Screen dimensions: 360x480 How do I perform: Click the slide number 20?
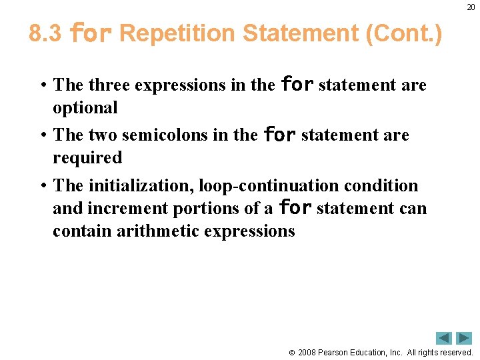(x=471, y=7)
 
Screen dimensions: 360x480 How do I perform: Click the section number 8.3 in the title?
(x=45, y=33)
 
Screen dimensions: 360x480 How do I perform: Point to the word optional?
(x=85, y=107)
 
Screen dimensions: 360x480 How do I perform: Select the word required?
(x=87, y=158)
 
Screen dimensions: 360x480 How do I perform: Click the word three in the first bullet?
(x=108, y=85)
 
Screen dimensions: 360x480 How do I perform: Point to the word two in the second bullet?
(x=99, y=135)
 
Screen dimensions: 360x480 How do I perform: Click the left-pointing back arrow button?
(x=444, y=338)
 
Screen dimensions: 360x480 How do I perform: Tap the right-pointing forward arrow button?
(x=464, y=338)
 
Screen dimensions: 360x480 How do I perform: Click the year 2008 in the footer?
(x=307, y=352)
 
